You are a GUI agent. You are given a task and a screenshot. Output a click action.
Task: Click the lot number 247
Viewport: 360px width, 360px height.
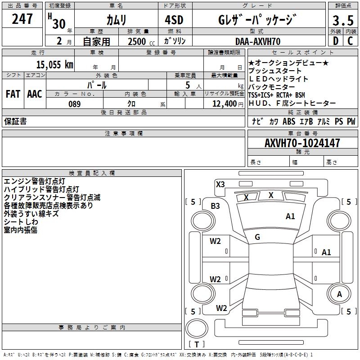[x=22, y=19]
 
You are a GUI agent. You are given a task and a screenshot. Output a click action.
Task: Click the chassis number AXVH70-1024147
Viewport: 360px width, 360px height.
[x=302, y=144]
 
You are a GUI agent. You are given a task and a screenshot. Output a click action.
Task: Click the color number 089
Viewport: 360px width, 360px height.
[x=74, y=104]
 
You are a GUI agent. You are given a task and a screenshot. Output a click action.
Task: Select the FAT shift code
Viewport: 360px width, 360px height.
[x=13, y=94]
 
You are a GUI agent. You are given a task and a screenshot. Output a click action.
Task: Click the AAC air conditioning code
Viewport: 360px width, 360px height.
[x=35, y=94]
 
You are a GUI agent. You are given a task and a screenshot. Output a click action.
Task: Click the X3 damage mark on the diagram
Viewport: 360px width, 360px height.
[x=220, y=184]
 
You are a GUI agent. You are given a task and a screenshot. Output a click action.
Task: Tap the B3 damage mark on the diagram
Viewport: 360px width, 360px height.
[x=216, y=206]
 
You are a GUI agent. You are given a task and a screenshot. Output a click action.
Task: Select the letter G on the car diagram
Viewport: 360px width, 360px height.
[x=257, y=237]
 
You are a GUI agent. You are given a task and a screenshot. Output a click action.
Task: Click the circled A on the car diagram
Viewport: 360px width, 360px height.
[x=339, y=294]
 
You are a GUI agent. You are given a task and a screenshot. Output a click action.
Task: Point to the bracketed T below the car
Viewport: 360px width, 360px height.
[x=196, y=344]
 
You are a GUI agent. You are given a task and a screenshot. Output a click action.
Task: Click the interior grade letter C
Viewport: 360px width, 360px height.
[x=350, y=41]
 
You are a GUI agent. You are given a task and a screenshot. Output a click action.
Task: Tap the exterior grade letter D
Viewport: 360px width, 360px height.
[x=335, y=41]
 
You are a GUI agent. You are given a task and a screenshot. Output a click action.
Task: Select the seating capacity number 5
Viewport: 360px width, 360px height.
[x=187, y=85]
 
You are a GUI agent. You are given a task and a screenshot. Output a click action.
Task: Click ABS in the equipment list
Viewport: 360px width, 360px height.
[x=288, y=121]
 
